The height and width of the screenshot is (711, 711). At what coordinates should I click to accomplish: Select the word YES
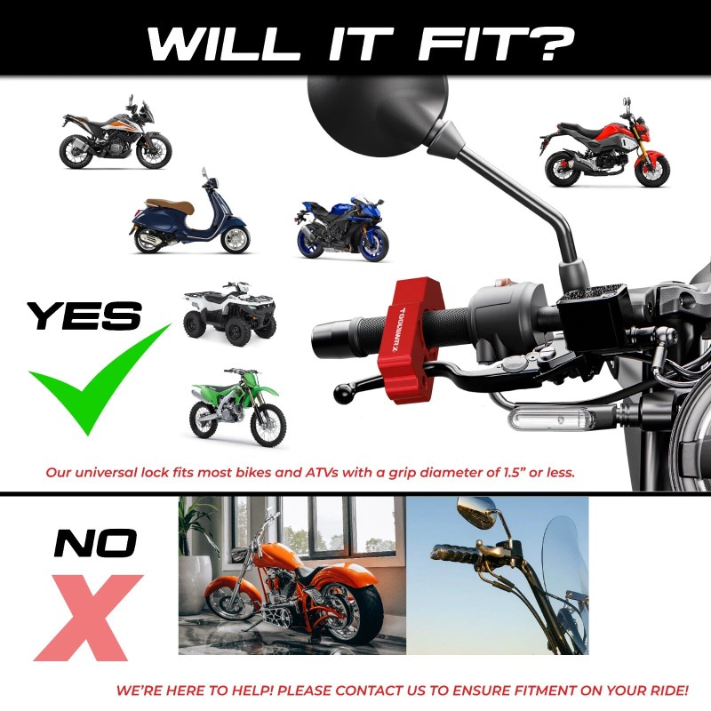point(84,315)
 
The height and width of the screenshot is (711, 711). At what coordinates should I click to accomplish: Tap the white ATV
point(229,313)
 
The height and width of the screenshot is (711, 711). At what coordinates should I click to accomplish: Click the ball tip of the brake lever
point(341,392)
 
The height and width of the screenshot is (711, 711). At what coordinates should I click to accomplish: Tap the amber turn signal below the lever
point(543,416)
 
